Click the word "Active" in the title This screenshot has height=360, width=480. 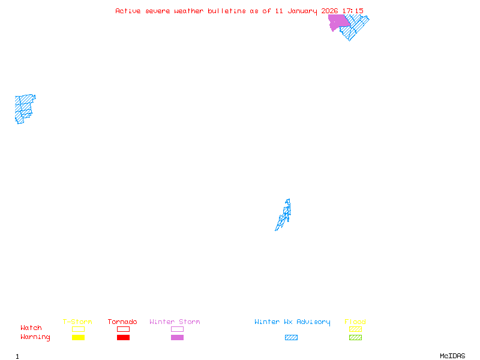(128, 11)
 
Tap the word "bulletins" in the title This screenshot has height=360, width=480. (227, 11)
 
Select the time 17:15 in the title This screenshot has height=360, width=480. (353, 11)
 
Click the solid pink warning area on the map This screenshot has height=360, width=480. (338, 22)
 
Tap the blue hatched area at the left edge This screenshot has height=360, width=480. (23, 107)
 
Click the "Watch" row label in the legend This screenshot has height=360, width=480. (31, 328)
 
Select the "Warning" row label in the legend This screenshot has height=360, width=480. (35, 337)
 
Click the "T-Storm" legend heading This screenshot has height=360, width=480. (77, 322)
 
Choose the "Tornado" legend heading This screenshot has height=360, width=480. (122, 322)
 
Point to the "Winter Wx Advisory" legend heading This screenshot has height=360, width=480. (292, 322)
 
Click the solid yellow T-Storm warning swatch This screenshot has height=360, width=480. (78, 338)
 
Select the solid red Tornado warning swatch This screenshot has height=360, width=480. (123, 338)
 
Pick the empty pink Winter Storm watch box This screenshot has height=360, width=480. (177, 329)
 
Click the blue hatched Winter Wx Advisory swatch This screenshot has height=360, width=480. (291, 338)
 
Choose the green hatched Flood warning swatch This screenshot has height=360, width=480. (355, 338)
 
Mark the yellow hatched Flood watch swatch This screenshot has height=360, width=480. (355, 329)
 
